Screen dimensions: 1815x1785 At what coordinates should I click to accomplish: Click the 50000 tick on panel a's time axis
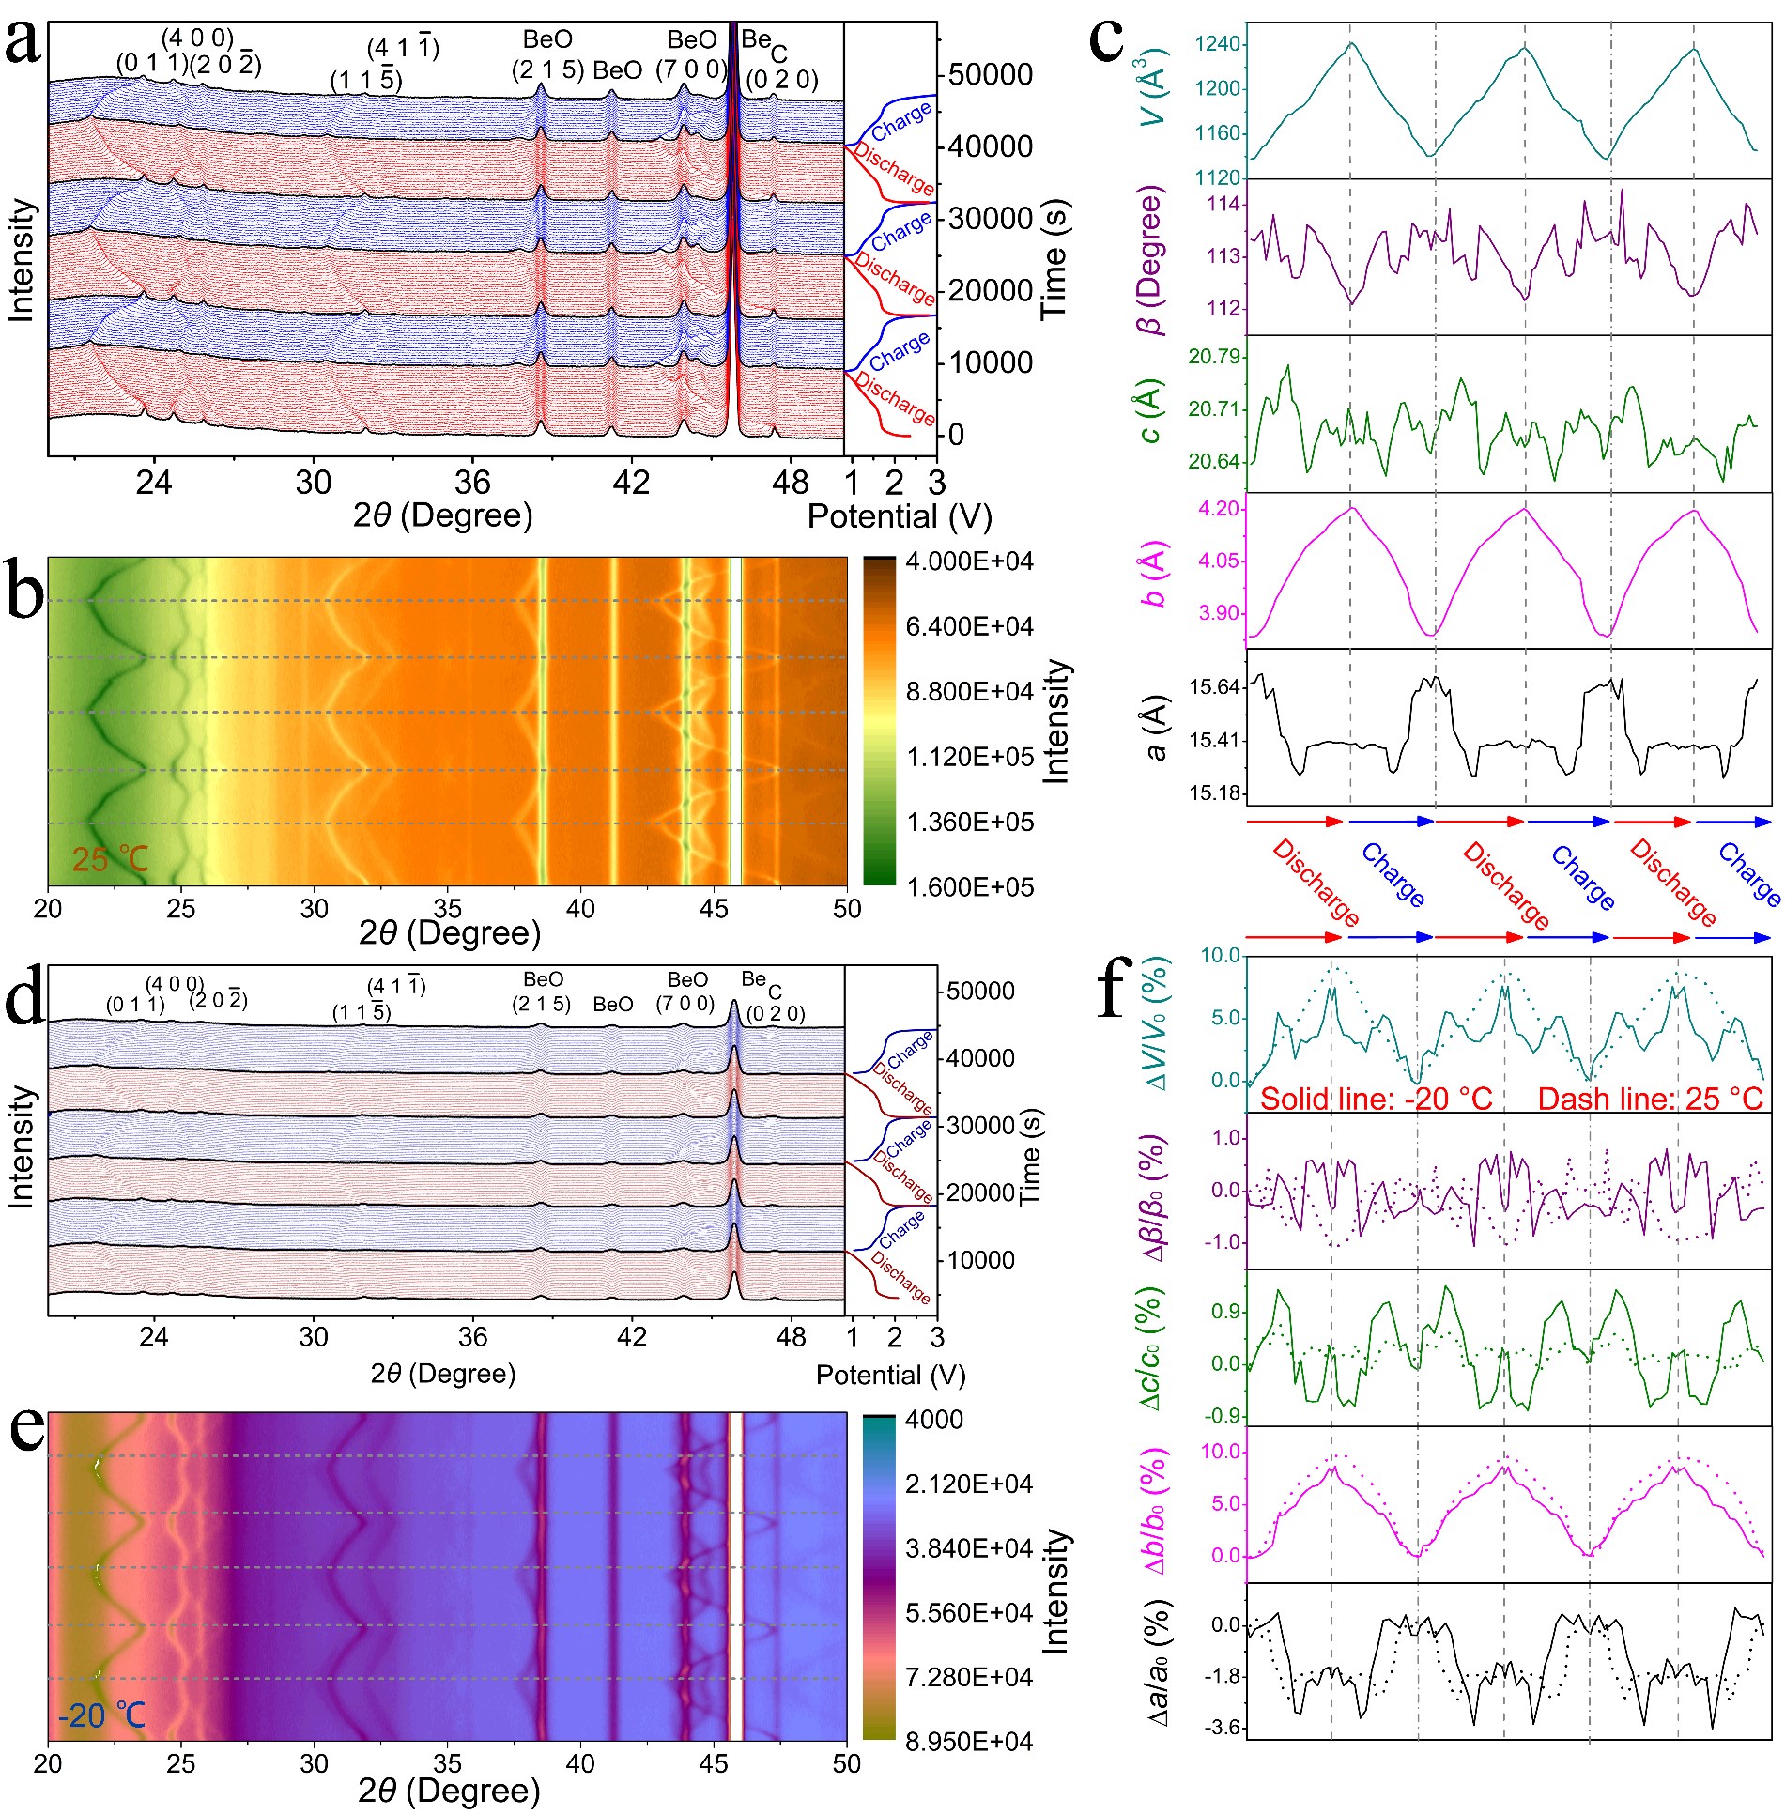click(990, 74)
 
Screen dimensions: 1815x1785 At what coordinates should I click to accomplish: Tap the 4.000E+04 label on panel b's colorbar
click(969, 561)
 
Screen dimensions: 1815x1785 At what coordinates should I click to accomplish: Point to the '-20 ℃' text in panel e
click(101, 1715)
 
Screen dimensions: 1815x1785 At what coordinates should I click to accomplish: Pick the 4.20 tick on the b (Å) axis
click(1219, 509)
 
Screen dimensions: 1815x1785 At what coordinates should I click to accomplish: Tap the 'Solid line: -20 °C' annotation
click(1376, 1099)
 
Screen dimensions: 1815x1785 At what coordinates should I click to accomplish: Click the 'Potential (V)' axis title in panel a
click(899, 515)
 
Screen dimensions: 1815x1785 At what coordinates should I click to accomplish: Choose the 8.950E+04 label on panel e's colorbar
click(968, 1742)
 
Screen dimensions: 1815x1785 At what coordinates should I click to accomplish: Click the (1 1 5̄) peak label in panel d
click(362, 1012)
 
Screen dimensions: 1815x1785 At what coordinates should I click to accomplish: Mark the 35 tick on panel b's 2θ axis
click(447, 909)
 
